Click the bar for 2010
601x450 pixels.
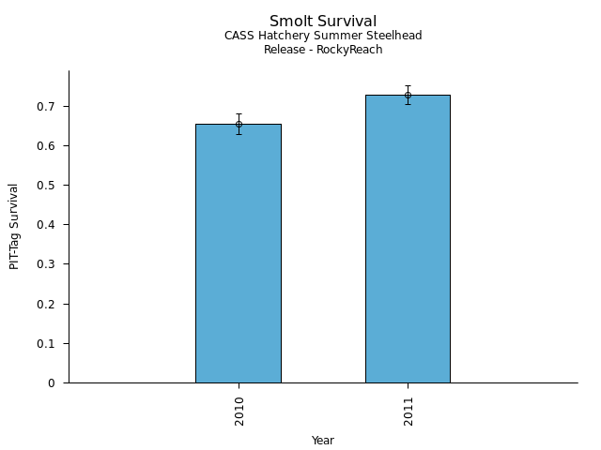click(x=239, y=253)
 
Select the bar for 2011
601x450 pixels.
click(x=408, y=239)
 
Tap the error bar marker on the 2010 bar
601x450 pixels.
click(x=239, y=124)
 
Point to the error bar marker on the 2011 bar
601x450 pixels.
click(x=408, y=95)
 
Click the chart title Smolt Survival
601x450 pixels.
click(x=323, y=22)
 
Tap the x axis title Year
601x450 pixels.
click(x=323, y=441)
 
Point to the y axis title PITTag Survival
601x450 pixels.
click(x=15, y=226)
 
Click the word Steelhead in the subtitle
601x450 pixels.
click(x=394, y=36)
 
